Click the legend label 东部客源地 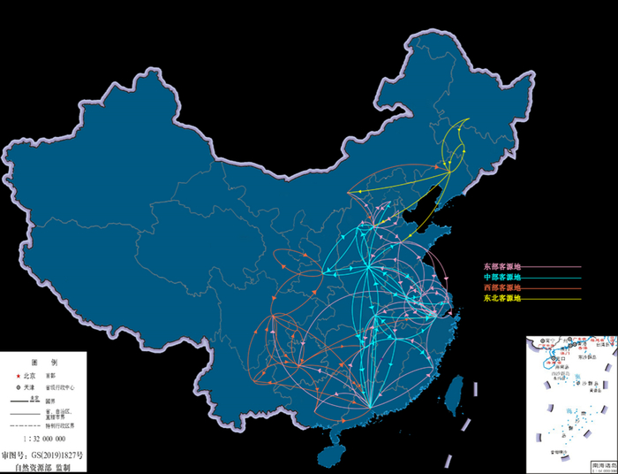click(x=501, y=265)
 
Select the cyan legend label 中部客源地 click(x=501, y=277)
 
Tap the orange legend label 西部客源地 click(x=501, y=288)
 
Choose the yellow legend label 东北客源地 click(x=501, y=299)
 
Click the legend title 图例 click(x=42, y=363)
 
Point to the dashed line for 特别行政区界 click(x=24, y=425)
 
